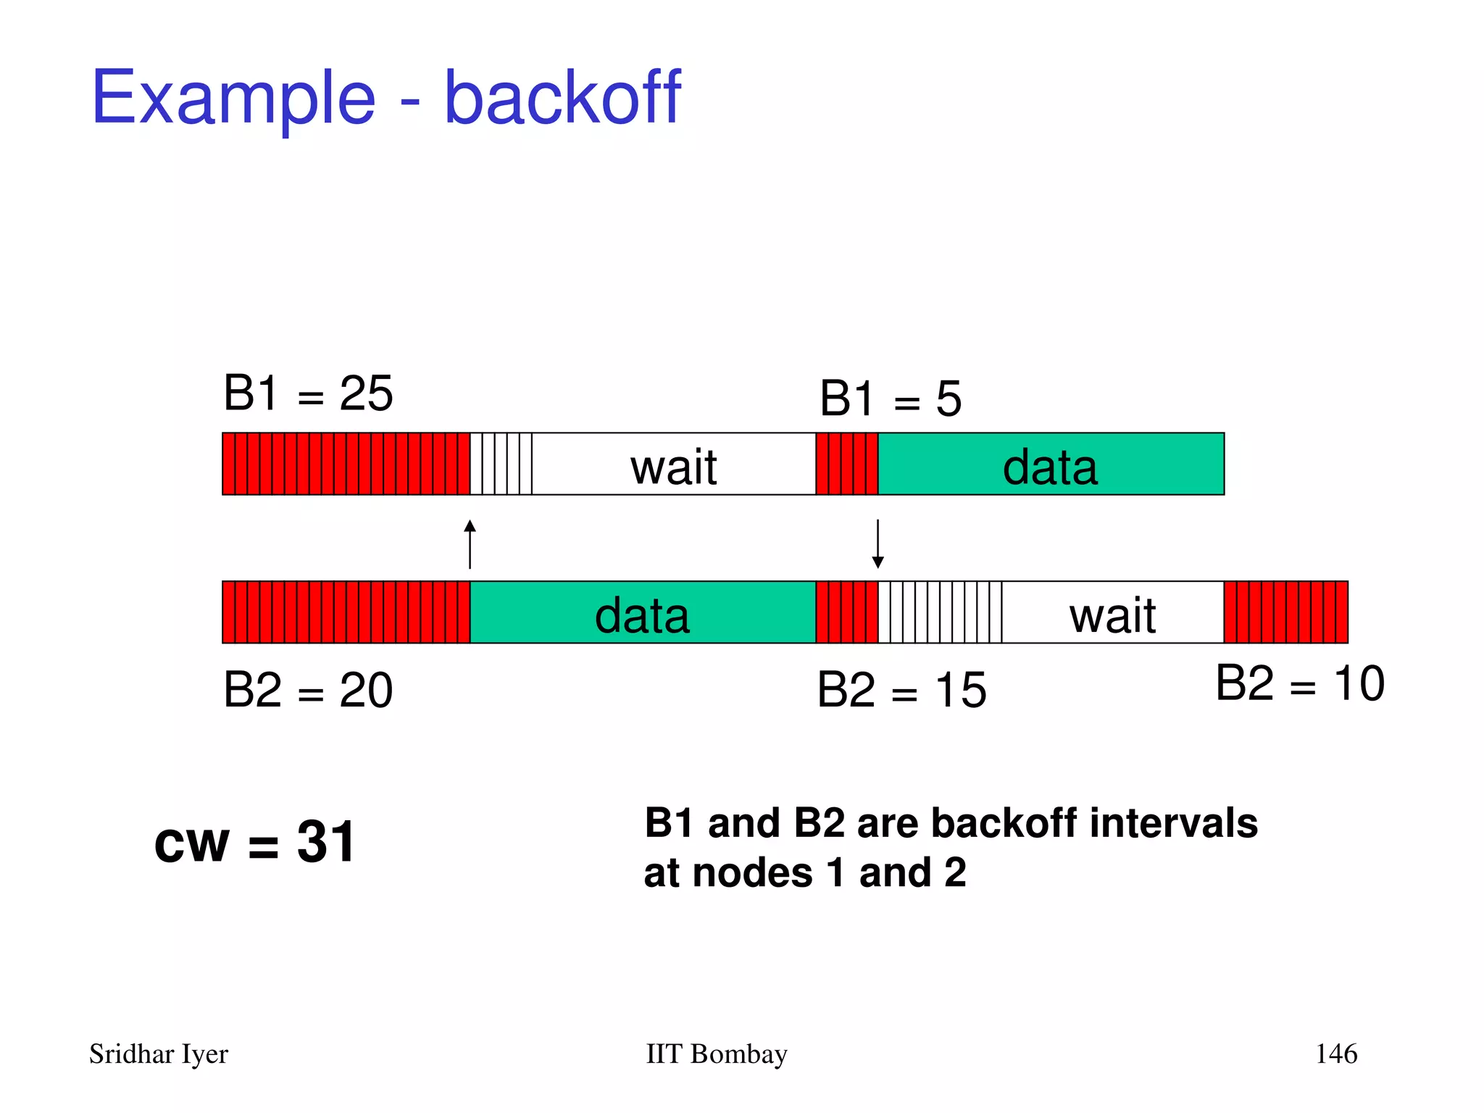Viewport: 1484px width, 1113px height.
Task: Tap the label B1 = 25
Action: click(308, 393)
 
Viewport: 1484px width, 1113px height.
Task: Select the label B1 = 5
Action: click(891, 399)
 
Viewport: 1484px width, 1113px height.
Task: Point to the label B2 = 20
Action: click(308, 690)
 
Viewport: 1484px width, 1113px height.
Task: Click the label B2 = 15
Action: click(901, 690)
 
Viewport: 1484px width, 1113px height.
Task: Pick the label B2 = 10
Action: click(1300, 683)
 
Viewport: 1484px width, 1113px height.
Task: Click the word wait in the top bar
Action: click(673, 467)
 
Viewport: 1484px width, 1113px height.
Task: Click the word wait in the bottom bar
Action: click(1112, 616)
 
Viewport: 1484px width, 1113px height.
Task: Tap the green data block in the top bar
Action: click(1051, 464)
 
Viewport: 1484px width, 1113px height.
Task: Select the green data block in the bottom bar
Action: click(643, 613)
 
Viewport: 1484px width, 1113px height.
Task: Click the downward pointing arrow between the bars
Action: click(878, 543)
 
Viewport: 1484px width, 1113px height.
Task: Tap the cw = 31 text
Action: click(255, 842)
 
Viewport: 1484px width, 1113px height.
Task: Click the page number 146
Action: click(1336, 1054)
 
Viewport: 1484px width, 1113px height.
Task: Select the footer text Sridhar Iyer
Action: click(159, 1054)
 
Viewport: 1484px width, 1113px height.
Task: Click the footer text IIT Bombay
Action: click(716, 1054)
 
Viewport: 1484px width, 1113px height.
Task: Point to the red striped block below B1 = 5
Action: click(846, 464)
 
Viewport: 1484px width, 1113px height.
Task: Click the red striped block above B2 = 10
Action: click(1285, 612)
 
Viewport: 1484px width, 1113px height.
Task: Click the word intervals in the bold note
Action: click(1173, 823)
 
